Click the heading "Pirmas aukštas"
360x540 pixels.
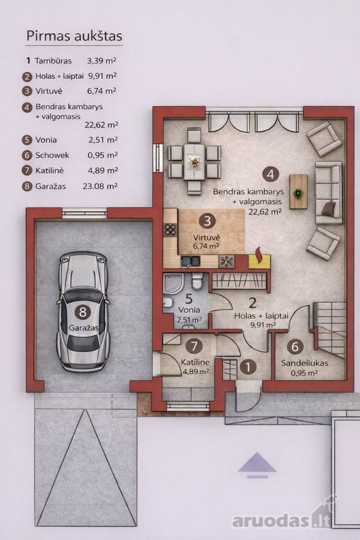(74, 36)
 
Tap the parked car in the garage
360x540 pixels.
(83, 311)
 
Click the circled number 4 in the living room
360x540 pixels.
(271, 174)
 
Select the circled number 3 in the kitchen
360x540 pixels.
(207, 221)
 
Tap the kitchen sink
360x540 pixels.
(191, 262)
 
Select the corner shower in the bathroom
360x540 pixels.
(172, 284)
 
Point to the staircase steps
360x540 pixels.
(330, 329)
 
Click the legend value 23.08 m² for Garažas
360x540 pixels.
(100, 186)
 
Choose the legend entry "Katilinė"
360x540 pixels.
(50, 170)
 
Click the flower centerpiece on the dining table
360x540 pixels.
(194, 160)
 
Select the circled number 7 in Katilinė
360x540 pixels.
(194, 346)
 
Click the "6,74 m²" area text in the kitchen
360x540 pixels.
(206, 246)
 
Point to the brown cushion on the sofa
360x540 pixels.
(329, 208)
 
